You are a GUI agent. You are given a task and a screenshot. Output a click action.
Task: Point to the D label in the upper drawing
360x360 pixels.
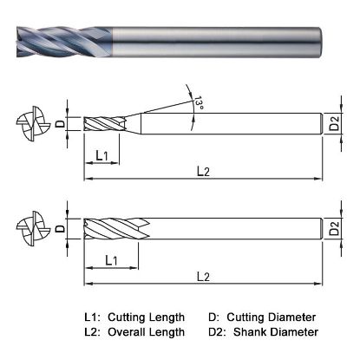(60, 124)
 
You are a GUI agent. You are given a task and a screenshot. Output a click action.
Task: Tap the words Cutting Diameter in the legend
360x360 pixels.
(273, 317)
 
